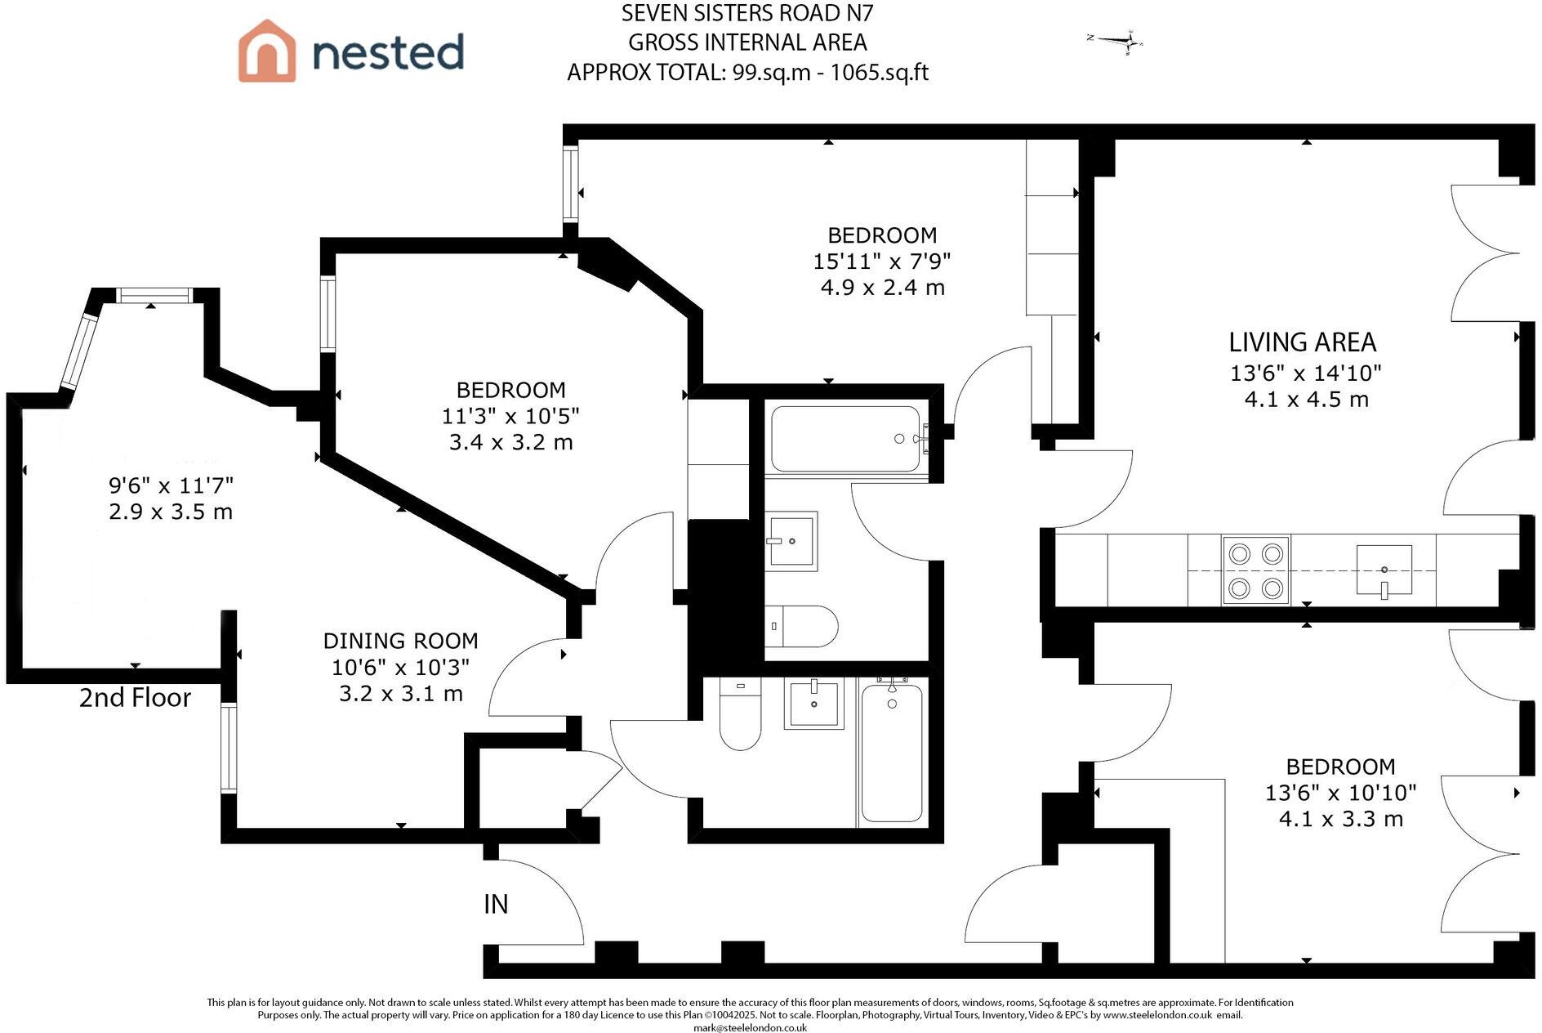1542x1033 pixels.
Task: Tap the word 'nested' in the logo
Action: (388, 52)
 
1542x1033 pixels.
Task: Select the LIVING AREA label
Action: (1302, 342)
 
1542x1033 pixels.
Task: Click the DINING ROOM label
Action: (400, 641)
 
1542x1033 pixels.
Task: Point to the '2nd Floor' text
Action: (135, 697)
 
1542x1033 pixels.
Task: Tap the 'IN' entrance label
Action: (496, 904)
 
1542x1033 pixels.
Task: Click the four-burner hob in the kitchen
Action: (1255, 570)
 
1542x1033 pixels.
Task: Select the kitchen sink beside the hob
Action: (1384, 569)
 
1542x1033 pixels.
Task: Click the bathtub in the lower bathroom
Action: (892, 752)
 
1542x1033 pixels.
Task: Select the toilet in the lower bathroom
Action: (740, 716)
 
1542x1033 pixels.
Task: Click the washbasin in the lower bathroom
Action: (813, 703)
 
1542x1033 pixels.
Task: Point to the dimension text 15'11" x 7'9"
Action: (882, 262)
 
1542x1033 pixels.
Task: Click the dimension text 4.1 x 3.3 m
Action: (1340, 819)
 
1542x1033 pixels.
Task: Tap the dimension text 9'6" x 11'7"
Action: (172, 485)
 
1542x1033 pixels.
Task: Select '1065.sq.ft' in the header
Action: (879, 73)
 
